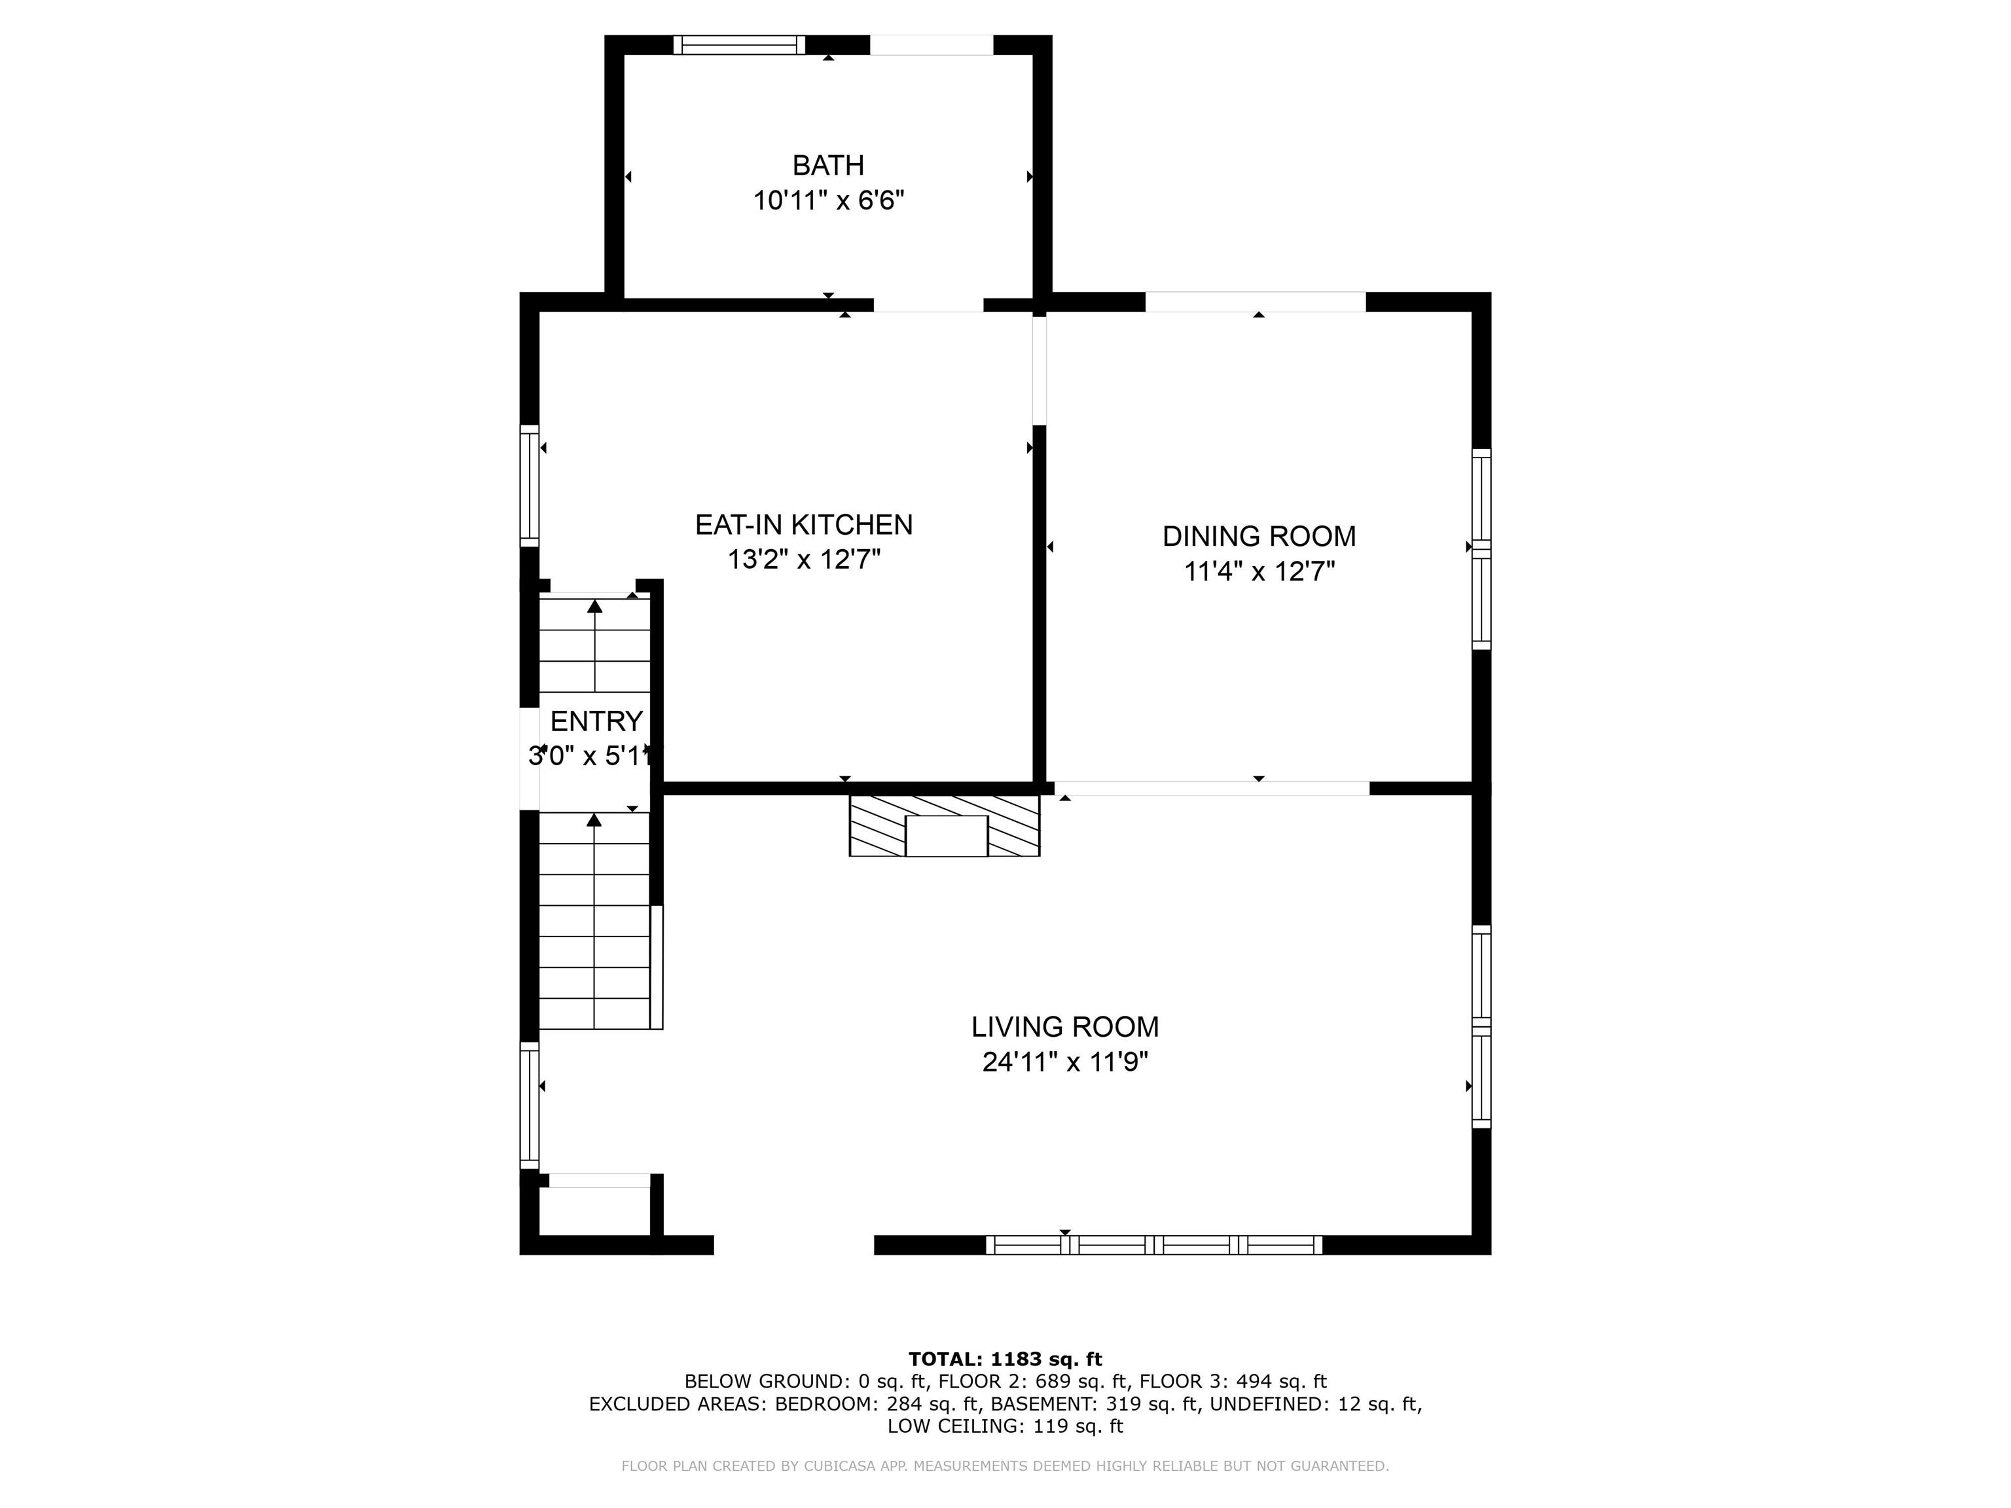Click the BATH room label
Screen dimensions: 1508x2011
coord(827,166)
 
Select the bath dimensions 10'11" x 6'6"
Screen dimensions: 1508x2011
coord(827,200)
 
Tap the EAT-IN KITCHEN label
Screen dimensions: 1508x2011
coord(804,524)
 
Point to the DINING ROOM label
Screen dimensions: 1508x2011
coord(1258,536)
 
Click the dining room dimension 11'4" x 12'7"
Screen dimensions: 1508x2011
coord(1258,572)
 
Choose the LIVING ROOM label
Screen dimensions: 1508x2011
coord(1064,1027)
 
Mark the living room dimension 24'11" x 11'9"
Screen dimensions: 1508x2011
coord(1064,1062)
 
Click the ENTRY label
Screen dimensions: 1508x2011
coord(596,721)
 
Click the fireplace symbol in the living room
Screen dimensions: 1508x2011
coord(945,826)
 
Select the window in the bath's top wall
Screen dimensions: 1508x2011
coord(739,45)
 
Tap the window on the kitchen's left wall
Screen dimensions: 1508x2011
coord(529,486)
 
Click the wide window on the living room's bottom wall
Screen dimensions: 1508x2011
coord(1153,1244)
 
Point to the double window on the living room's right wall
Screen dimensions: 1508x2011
coord(1481,1026)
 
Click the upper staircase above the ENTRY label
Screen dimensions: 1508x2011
coord(594,645)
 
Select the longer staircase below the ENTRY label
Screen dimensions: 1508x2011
coord(594,920)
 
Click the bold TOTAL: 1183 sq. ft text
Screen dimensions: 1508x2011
coord(1005,1359)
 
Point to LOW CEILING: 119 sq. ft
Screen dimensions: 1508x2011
coord(1005,1426)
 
